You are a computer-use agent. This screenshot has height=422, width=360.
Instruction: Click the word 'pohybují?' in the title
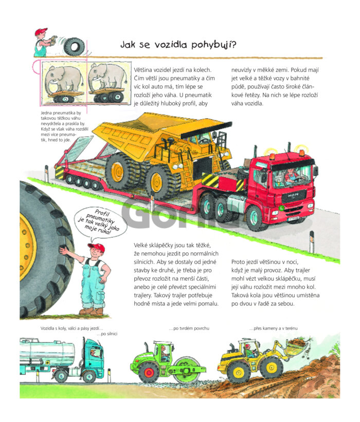coord(214,45)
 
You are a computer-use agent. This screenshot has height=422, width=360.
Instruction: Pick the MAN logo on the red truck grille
coord(293,195)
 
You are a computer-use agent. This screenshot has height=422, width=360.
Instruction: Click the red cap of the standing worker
coord(96,247)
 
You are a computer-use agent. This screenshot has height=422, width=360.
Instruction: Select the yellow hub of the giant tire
coord(27,246)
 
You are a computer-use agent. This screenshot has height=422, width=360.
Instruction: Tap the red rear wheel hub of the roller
coord(148,373)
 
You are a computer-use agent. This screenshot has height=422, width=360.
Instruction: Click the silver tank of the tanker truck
coord(48,351)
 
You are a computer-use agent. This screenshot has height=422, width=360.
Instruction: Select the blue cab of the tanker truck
coord(94,355)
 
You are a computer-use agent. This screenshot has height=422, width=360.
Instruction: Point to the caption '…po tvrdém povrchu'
coord(189,328)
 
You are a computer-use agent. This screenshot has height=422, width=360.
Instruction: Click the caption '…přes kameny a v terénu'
coord(273,328)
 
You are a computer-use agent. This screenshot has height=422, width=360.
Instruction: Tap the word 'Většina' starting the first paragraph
coord(143,70)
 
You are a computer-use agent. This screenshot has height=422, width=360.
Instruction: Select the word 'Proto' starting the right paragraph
coord(238,262)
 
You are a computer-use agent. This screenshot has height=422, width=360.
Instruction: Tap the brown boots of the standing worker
coord(91,311)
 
